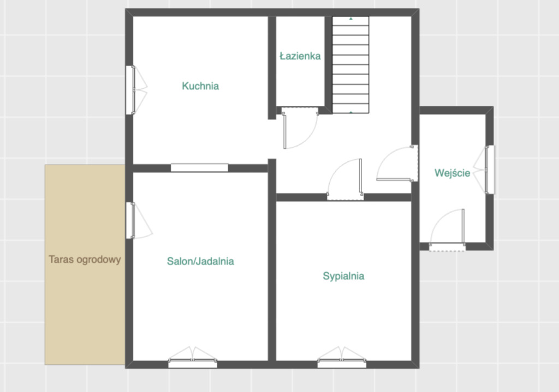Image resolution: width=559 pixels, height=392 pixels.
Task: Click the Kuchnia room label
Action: point(200,86)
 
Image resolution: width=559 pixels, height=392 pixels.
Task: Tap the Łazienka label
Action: point(300,56)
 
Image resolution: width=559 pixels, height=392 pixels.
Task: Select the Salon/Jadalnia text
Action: point(200,261)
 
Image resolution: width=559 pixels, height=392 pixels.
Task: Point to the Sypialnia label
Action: point(344,276)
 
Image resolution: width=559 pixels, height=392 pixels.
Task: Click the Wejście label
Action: point(453,173)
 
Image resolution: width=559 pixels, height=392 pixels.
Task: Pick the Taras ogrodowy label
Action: point(85,260)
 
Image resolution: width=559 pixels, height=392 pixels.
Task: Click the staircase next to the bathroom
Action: point(351,65)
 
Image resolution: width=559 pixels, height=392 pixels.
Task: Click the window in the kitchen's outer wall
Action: point(130,90)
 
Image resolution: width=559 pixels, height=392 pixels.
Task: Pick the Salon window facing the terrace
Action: point(130,220)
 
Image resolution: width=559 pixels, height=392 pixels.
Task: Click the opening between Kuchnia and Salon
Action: point(199,168)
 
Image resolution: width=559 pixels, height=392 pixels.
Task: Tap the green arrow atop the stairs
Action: point(351,19)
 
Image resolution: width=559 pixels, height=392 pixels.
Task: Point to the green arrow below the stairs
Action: point(351,112)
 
